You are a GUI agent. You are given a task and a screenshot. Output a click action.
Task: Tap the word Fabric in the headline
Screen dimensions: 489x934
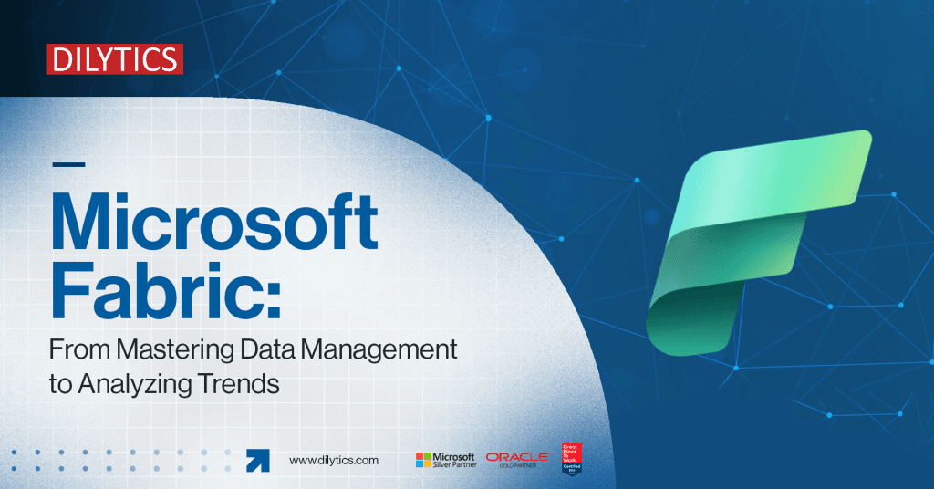tap(152, 288)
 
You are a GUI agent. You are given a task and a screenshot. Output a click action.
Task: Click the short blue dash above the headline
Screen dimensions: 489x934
tap(68, 165)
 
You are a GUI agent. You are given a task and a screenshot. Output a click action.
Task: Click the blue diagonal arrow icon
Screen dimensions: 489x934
tap(258, 462)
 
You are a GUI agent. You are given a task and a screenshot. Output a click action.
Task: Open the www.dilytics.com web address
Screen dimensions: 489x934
tap(333, 461)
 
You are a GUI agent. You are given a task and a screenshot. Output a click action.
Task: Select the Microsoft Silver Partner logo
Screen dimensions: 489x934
tap(444, 460)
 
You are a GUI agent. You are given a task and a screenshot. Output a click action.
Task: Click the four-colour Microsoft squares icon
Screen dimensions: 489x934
tap(422, 460)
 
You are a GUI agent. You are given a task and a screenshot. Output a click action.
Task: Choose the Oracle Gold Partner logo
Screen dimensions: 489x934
tap(516, 458)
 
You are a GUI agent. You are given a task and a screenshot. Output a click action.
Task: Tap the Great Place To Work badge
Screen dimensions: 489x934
tap(572, 458)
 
